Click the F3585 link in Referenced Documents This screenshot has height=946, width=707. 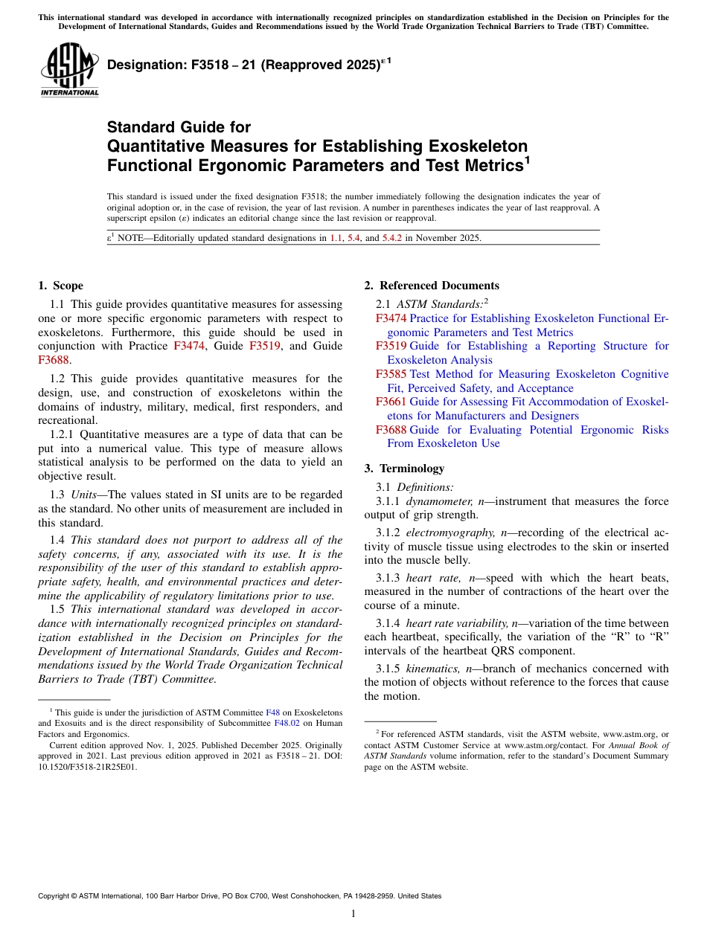(391, 374)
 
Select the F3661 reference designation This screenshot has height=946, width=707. (391, 402)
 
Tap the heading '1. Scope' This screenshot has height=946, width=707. (60, 286)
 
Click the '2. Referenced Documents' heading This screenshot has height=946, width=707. (432, 286)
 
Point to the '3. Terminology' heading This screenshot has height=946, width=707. (404, 469)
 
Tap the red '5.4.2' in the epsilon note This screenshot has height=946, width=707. (391, 239)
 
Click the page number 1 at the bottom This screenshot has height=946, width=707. (353, 914)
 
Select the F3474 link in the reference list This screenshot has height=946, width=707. (391, 318)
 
